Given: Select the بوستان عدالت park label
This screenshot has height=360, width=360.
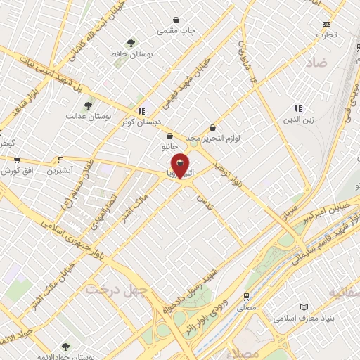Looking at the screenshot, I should click(x=85, y=116).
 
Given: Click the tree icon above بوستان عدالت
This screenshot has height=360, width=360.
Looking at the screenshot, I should click(x=89, y=106).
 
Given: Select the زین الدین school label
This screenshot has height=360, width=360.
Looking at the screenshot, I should click(x=297, y=119).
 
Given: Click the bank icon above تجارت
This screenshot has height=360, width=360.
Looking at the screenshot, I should click(x=326, y=24).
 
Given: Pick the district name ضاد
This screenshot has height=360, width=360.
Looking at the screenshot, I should click(x=316, y=63).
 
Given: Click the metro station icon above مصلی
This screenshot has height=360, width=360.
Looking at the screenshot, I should click(x=246, y=297).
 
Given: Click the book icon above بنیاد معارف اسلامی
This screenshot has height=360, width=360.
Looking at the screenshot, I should click(x=304, y=307).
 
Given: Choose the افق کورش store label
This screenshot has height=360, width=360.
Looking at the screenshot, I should click(x=20, y=171).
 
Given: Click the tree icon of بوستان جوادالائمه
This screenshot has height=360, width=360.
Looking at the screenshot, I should click(x=65, y=346).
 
